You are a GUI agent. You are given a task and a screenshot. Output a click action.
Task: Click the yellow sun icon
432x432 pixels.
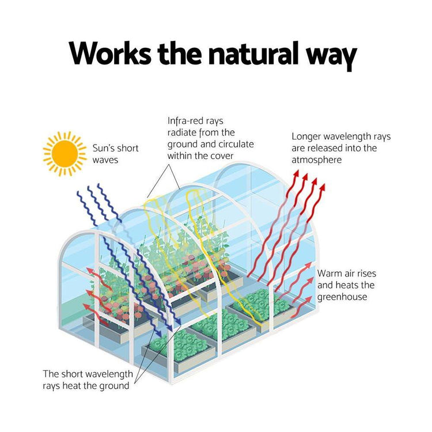64,153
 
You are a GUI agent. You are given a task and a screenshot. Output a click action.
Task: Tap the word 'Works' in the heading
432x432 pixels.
111,54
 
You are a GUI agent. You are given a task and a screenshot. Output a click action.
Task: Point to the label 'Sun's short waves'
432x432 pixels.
115,153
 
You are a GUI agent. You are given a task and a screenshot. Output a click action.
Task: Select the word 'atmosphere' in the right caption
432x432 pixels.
316,160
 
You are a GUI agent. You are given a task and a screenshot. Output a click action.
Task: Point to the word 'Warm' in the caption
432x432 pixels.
329,273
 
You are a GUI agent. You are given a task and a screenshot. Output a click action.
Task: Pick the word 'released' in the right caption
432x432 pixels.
326,148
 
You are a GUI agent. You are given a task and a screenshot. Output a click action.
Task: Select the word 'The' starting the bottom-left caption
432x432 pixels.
51,374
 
